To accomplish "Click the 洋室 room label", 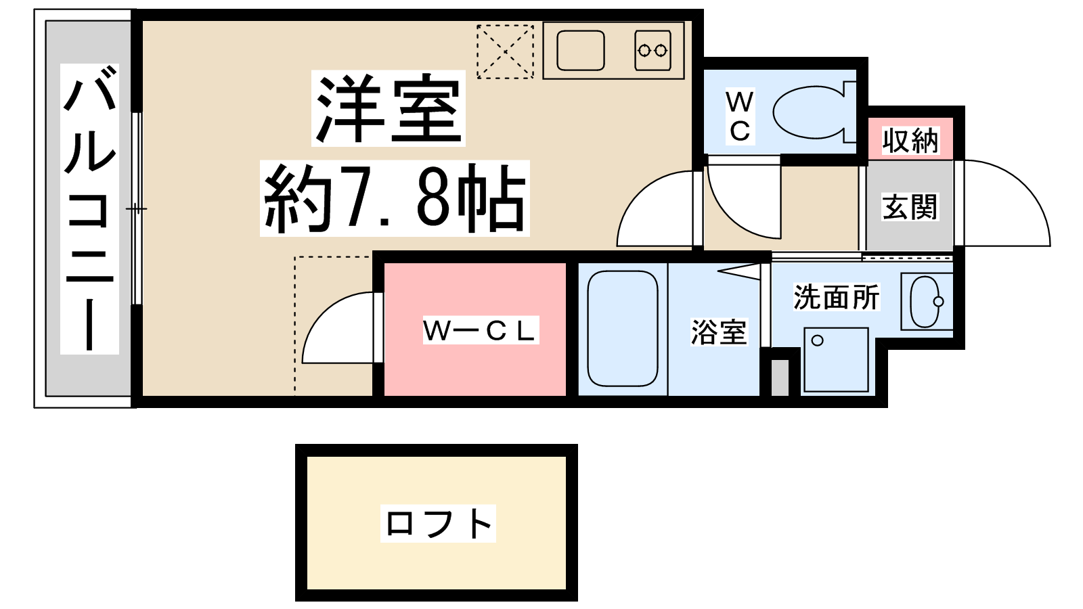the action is [x=389, y=108].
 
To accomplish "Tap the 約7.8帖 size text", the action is [x=395, y=198].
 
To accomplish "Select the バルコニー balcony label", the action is [x=89, y=209].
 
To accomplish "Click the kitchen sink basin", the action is [x=580, y=50].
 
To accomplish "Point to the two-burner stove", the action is [x=653, y=50].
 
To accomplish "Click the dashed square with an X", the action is [x=505, y=51].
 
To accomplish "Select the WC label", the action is [x=740, y=116].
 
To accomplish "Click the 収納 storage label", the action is [x=910, y=141].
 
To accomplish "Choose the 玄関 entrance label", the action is [x=910, y=207].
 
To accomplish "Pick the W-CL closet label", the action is [x=481, y=331].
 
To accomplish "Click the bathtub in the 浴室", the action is [x=623, y=329].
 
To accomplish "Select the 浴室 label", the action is [x=719, y=332].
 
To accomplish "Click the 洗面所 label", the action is [x=837, y=297].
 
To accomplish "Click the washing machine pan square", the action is [x=836, y=359].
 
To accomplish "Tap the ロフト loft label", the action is [x=438, y=524].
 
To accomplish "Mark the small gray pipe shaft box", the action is [x=780, y=378].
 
